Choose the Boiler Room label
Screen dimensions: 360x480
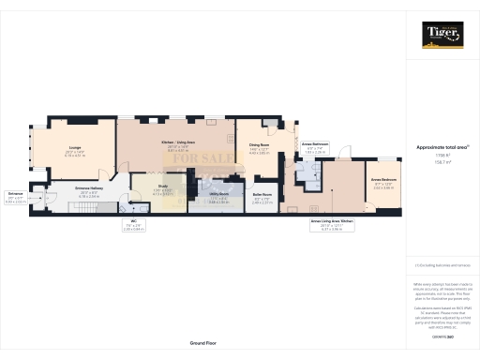pyautogui.click(x=262, y=197)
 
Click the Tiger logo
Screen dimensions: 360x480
pyautogui.click(x=442, y=36)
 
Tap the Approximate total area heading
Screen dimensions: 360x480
pyautogui.click(x=441, y=148)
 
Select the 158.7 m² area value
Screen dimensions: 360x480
pyautogui.click(x=441, y=162)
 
